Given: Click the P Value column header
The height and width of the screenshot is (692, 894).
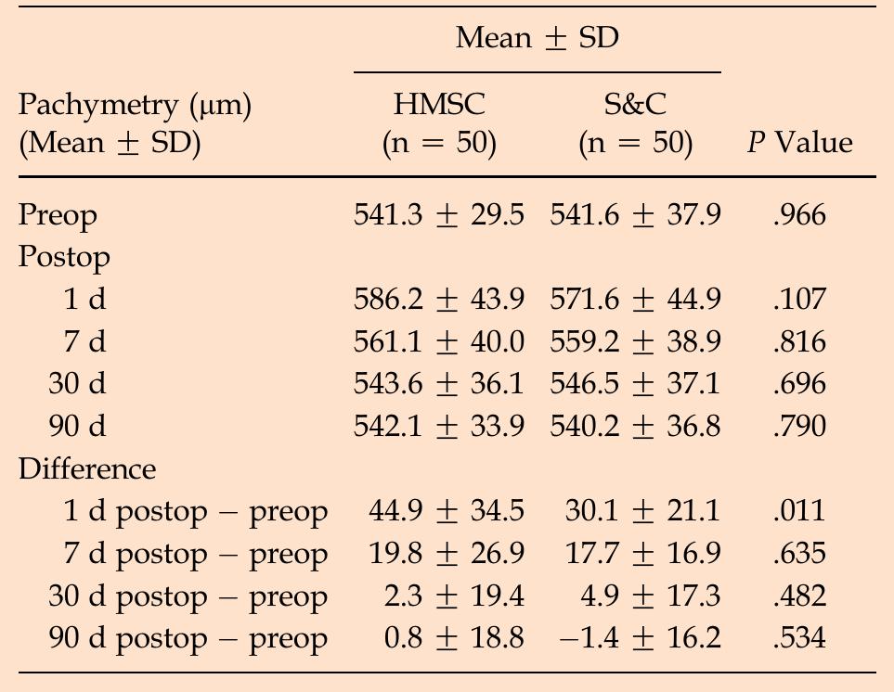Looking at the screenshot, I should (x=799, y=143).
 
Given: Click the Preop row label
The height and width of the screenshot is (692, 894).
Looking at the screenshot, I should (x=58, y=216).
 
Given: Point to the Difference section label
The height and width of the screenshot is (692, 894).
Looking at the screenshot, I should (x=87, y=468).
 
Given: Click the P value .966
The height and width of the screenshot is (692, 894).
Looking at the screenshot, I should (x=798, y=216).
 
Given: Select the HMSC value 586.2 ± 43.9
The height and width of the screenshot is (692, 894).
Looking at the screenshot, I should (x=439, y=300).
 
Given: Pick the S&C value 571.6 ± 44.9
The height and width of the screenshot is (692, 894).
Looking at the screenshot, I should (x=635, y=300).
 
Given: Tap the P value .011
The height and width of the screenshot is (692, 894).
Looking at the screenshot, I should (x=798, y=511).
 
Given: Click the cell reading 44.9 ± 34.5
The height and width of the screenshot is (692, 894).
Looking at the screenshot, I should (x=454, y=511).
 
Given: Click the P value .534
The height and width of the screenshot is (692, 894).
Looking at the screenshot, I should (x=798, y=638).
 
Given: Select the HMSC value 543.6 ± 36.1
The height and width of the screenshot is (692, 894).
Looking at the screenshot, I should (x=439, y=384).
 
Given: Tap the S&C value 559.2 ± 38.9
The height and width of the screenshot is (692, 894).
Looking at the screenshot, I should (x=635, y=342).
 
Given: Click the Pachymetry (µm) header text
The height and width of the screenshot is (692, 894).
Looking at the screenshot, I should (x=136, y=105).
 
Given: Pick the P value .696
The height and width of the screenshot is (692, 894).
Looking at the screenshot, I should (x=798, y=384).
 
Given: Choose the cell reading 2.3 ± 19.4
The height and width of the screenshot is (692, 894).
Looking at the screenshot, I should (x=454, y=596).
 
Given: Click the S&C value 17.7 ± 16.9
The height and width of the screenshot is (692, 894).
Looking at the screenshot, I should (x=642, y=554).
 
